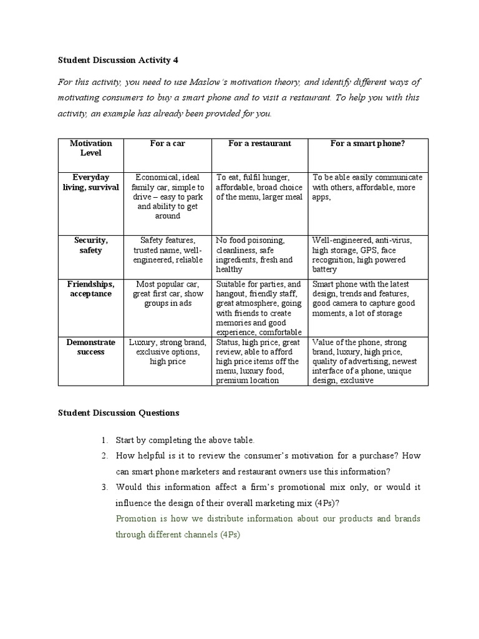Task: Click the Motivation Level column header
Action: click(91, 148)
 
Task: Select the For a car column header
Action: click(167, 144)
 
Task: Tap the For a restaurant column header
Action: click(259, 144)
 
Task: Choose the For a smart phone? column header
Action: click(368, 144)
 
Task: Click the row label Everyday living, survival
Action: click(91, 182)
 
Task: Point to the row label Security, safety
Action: click(91, 245)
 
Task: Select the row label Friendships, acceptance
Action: click(91, 289)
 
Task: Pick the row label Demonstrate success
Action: click(91, 347)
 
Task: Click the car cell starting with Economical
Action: click(167, 197)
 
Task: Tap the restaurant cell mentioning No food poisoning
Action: click(259, 255)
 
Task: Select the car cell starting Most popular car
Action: click(167, 294)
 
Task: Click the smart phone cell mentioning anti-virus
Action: click(368, 255)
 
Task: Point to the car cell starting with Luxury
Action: click(167, 352)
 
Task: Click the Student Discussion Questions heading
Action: click(119, 412)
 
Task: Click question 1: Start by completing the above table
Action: click(185, 440)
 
